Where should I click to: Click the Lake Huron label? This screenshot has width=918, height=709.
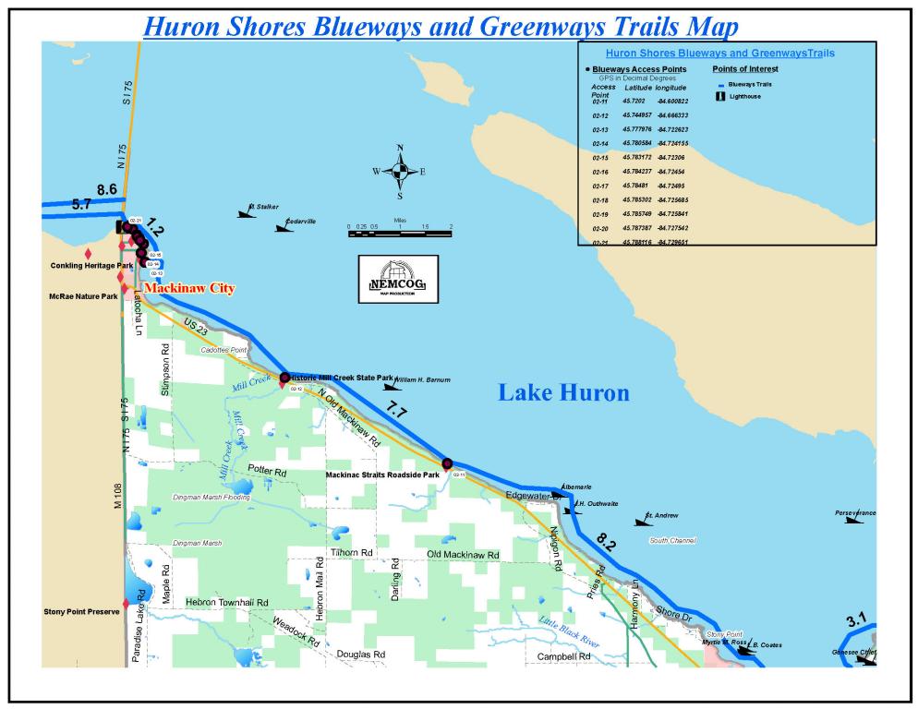click(x=563, y=392)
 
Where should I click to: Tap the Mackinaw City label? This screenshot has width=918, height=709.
click(x=189, y=288)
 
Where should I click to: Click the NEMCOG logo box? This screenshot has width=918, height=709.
click(x=398, y=279)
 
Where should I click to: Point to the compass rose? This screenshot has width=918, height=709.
click(x=400, y=171)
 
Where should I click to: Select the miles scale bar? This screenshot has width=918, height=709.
click(x=399, y=233)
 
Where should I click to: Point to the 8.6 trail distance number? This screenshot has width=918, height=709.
click(x=106, y=189)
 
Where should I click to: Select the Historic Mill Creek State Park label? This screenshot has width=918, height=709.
click(x=342, y=378)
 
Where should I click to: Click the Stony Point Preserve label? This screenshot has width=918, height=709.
click(x=82, y=611)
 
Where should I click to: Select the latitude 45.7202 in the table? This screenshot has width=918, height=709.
click(x=634, y=101)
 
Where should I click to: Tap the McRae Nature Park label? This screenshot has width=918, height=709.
click(x=83, y=296)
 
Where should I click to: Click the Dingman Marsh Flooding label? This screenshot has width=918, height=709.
click(x=211, y=498)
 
